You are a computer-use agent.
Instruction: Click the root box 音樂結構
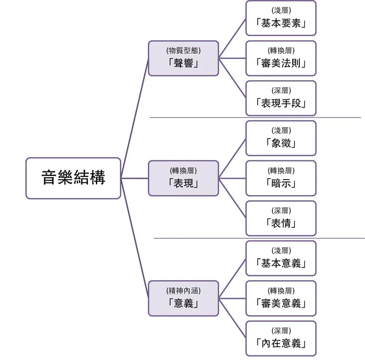(x=73, y=178)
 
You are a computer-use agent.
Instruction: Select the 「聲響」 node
(x=183, y=58)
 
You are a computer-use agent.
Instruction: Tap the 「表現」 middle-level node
(x=183, y=178)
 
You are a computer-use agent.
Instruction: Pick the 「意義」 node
(x=183, y=298)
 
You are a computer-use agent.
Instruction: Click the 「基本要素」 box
(x=281, y=18)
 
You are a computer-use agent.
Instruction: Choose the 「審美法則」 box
(x=281, y=58)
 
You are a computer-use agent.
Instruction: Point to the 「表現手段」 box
(x=281, y=98)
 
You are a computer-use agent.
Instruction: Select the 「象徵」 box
(x=281, y=138)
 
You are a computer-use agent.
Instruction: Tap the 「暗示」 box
(x=281, y=178)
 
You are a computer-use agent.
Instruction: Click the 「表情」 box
(x=281, y=218)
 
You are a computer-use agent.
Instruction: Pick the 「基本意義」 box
(x=281, y=258)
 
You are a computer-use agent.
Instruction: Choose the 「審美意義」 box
(x=281, y=298)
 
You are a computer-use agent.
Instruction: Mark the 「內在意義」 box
(x=281, y=339)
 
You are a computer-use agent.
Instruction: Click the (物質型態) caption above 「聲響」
(x=183, y=51)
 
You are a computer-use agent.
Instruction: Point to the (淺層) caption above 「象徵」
(x=281, y=130)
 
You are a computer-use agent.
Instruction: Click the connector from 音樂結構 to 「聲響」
(x=135, y=118)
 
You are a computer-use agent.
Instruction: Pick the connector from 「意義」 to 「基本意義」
(x=232, y=278)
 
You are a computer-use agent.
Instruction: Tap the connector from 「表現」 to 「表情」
(x=232, y=198)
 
